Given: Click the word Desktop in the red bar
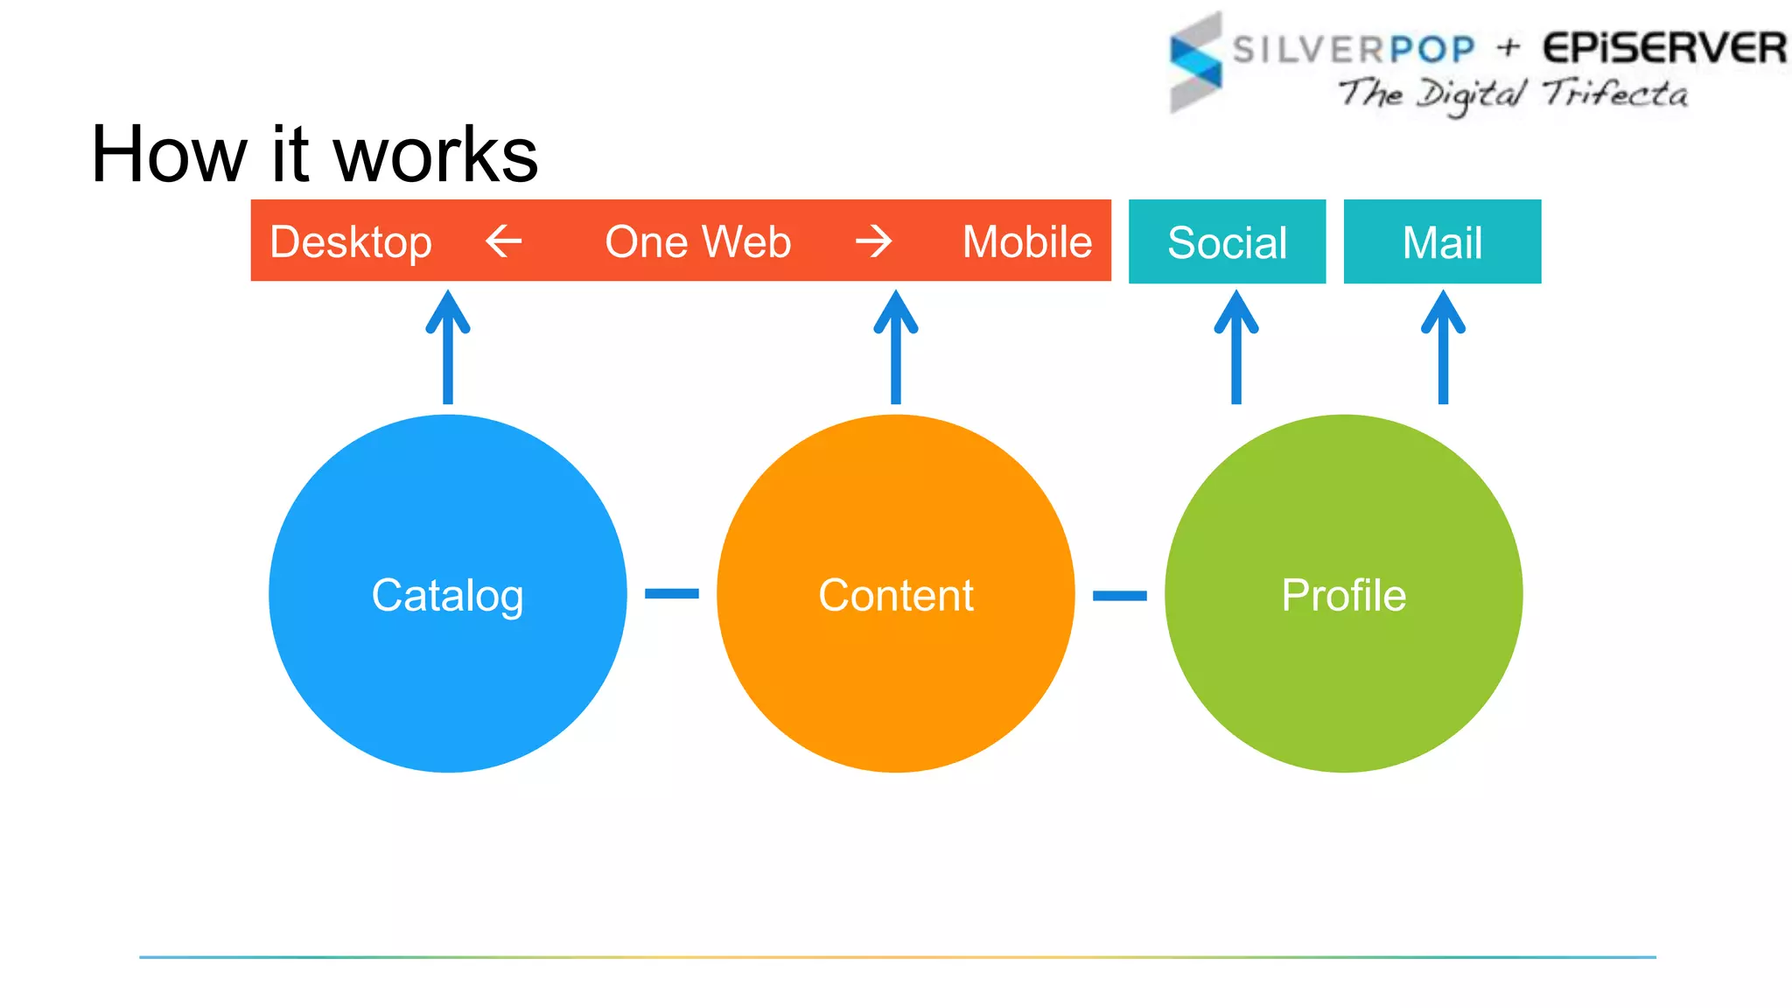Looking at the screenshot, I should click(350, 242).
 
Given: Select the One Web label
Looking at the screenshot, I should click(697, 241).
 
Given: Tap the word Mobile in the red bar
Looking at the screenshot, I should click(1026, 241).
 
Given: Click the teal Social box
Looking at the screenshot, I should click(1227, 241).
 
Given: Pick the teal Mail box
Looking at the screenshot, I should click(1442, 241).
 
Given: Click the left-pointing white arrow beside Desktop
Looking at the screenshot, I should click(503, 241).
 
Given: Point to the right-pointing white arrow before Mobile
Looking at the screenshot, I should click(873, 241).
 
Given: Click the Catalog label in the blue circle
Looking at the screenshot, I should click(447, 596).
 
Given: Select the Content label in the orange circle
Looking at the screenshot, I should click(895, 595).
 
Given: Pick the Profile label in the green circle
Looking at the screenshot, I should click(1343, 595).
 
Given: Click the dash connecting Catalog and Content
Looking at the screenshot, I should click(671, 594).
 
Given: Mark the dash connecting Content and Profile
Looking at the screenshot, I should click(1119, 596).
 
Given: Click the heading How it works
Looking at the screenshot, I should click(314, 155).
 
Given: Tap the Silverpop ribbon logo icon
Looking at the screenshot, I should click(1195, 63).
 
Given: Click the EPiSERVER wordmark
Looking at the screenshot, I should click(1663, 48).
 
